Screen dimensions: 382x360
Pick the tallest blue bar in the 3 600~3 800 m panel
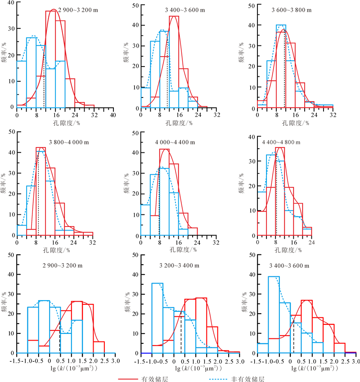[x=281, y=67]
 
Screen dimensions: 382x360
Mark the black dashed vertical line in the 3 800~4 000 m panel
[x=38, y=198]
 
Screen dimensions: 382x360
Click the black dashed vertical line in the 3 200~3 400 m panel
[x=181, y=335]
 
